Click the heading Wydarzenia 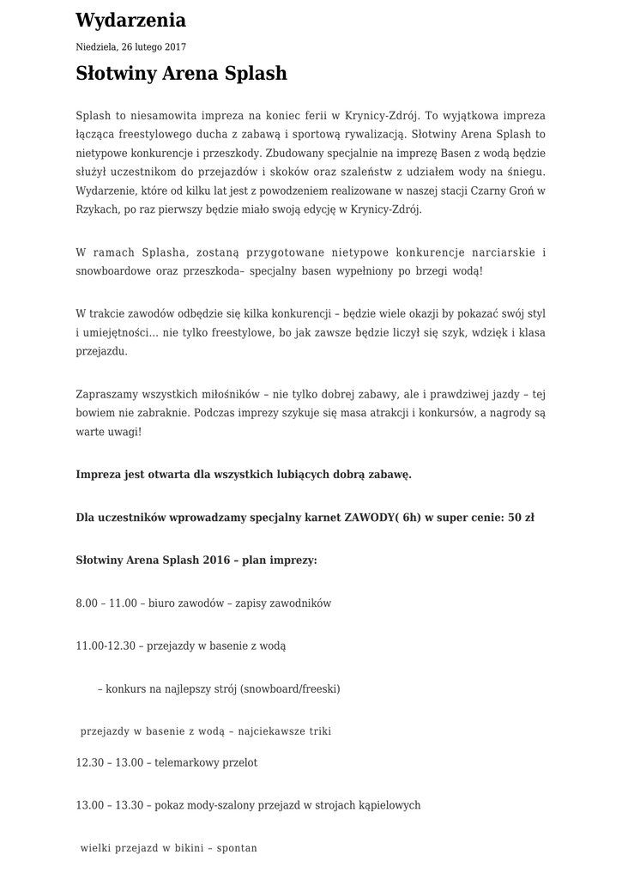[x=130, y=20]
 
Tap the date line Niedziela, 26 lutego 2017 [x=130, y=47]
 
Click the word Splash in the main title [x=255, y=74]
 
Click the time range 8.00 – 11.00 [x=106, y=603]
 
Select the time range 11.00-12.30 [x=106, y=645]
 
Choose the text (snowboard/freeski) [x=291, y=688]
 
